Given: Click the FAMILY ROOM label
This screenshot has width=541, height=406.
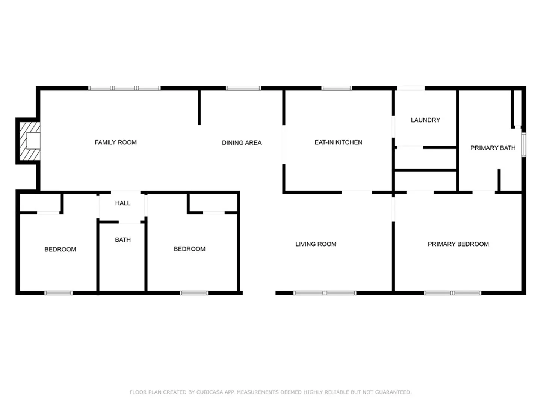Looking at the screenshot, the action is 116,142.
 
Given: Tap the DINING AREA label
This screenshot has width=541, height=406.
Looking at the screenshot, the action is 242,143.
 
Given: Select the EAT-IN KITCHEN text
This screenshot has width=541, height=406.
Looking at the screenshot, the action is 338,142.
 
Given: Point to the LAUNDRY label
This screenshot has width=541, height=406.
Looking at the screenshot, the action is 425,120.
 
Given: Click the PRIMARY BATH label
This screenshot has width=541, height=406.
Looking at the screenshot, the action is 493,148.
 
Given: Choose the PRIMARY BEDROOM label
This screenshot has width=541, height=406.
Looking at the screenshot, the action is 458,244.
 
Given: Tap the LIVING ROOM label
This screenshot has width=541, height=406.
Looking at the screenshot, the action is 316,244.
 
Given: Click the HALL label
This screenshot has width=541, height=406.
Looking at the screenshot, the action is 123,203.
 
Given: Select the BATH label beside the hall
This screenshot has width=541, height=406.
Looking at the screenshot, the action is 123,239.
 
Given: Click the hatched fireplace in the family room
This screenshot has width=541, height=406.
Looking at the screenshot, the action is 30,141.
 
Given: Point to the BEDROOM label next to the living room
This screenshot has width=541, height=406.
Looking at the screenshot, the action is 189,249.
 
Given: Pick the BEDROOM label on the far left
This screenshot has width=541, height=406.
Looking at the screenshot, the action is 60,249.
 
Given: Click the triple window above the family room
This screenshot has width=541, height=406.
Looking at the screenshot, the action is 124,88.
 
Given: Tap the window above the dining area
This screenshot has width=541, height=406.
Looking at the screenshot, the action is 243,88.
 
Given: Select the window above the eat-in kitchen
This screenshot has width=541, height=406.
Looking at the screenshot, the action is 337,88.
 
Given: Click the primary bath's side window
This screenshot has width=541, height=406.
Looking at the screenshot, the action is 524,144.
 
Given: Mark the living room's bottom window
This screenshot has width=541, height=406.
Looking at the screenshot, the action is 325,293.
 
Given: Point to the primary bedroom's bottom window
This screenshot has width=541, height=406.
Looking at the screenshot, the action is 452,293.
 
